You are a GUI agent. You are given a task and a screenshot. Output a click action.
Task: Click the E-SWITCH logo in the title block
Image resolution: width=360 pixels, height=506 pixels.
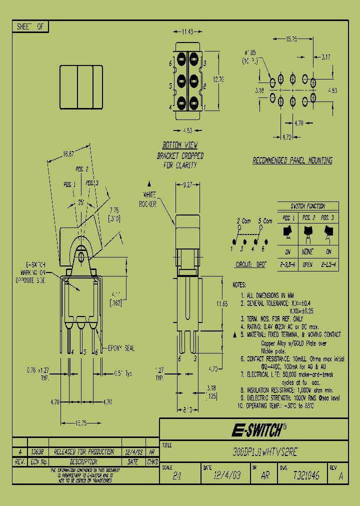pyautogui.click(x=258, y=429)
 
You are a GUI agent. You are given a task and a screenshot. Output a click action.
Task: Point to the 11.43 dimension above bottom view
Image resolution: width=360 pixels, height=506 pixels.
pyautogui.click(x=187, y=32)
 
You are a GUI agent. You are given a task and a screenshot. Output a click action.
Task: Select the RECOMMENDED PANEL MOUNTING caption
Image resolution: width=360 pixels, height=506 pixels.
pyautogui.click(x=292, y=160)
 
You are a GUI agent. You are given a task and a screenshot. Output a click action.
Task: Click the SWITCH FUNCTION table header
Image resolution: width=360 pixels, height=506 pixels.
pyautogui.click(x=307, y=206)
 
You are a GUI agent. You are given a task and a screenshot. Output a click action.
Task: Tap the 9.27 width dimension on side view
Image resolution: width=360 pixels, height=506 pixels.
pyautogui.click(x=188, y=184)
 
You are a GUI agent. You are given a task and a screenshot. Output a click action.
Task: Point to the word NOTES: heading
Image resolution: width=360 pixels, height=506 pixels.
pyautogui.click(x=239, y=284)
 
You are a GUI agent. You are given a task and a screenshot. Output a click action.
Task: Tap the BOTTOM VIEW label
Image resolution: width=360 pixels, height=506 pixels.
pyautogui.click(x=180, y=148)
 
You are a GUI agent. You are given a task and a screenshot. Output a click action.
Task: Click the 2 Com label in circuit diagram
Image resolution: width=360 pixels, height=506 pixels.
pyautogui.click(x=244, y=220)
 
